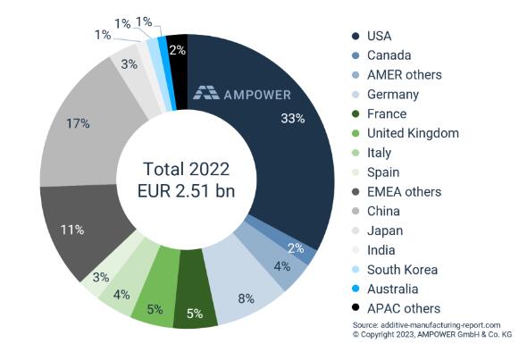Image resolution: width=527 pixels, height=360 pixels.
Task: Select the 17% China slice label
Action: point(77,122)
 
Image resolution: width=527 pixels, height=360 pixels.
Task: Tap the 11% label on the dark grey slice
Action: point(72,230)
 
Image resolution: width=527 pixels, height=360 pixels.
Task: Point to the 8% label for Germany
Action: point(247,297)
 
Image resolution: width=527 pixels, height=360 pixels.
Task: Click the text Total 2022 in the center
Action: point(186,170)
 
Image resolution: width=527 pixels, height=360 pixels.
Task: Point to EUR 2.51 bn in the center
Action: point(186,192)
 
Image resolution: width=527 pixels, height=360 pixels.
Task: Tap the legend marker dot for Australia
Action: point(356,289)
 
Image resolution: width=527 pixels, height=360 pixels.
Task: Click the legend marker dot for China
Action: point(356,212)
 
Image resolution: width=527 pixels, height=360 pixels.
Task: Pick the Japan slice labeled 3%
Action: point(128,64)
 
